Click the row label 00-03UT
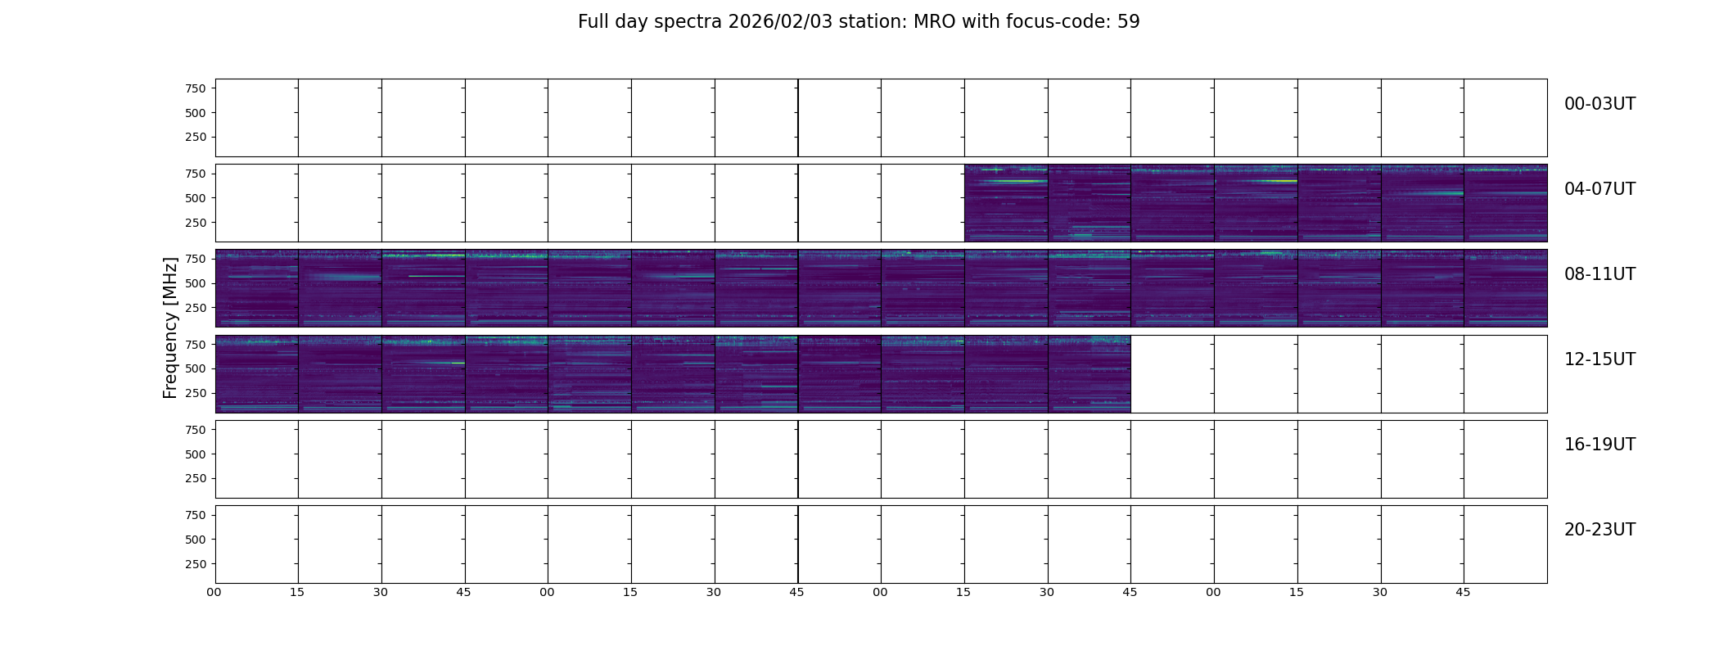(x=1599, y=104)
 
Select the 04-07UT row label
(x=1599, y=189)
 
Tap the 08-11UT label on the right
(x=1599, y=274)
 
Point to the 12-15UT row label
(x=1599, y=359)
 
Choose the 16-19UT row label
(x=1599, y=445)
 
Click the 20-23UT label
(x=1599, y=530)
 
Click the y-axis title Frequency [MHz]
(x=170, y=327)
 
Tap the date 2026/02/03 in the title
(x=780, y=22)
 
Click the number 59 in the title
(x=1129, y=22)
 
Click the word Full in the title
(x=592, y=22)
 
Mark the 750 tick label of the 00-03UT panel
(x=196, y=88)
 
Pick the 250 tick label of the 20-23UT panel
(x=196, y=564)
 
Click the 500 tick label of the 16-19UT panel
(x=196, y=454)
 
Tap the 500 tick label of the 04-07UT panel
(x=196, y=198)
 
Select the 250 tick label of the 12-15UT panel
(x=196, y=394)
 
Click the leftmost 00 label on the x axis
(x=214, y=592)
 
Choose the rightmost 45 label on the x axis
(x=1463, y=592)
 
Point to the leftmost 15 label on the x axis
(x=297, y=592)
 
